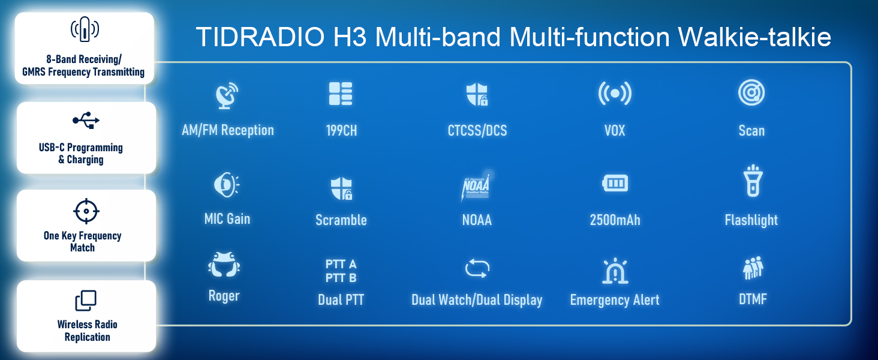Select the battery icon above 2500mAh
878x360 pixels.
point(615,184)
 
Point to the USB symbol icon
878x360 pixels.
point(86,120)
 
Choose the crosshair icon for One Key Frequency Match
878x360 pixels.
point(85,211)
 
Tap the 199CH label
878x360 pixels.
point(341,131)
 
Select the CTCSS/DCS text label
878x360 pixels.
point(477,131)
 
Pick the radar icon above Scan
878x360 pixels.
point(751,94)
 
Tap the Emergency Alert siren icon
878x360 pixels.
point(615,271)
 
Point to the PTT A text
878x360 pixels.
point(341,264)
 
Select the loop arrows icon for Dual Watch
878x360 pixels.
point(477,268)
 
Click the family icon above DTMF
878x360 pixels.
point(753,268)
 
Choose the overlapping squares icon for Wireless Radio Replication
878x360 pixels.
point(85,301)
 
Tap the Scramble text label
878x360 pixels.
point(341,220)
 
